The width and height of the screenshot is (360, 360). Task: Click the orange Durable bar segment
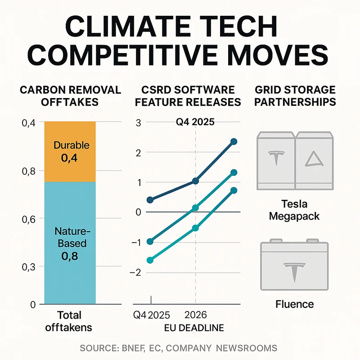(70, 152)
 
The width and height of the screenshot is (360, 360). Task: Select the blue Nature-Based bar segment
(70, 243)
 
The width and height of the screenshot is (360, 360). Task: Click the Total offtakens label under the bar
(70, 321)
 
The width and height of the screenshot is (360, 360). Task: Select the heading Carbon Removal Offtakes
(70, 96)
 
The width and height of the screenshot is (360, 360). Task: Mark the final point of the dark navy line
(234, 142)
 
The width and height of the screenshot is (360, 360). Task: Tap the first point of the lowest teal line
(150, 260)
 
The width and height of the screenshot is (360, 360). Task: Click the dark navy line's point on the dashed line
(195, 181)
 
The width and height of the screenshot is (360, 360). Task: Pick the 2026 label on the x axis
(195, 314)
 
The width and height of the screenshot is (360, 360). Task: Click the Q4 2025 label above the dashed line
(195, 122)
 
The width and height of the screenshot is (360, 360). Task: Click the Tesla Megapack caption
(294, 210)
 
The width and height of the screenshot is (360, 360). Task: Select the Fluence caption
(294, 304)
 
